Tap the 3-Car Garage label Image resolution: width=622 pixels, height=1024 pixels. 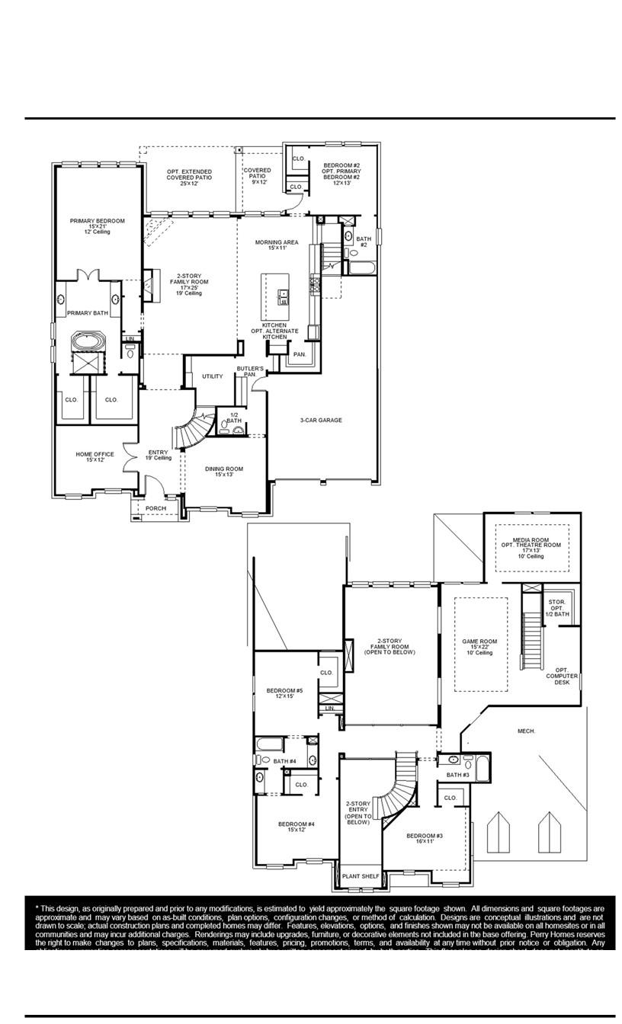tap(320, 420)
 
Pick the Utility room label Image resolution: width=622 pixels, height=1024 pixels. tap(213, 376)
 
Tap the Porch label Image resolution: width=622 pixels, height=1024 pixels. tap(156, 508)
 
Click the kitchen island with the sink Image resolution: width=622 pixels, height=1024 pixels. tap(276, 297)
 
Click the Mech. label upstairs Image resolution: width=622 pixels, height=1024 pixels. tap(526, 731)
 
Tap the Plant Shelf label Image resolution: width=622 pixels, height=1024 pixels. tap(360, 876)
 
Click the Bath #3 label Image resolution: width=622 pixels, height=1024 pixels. tap(458, 775)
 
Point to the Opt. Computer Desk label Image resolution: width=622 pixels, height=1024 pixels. tap(562, 676)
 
